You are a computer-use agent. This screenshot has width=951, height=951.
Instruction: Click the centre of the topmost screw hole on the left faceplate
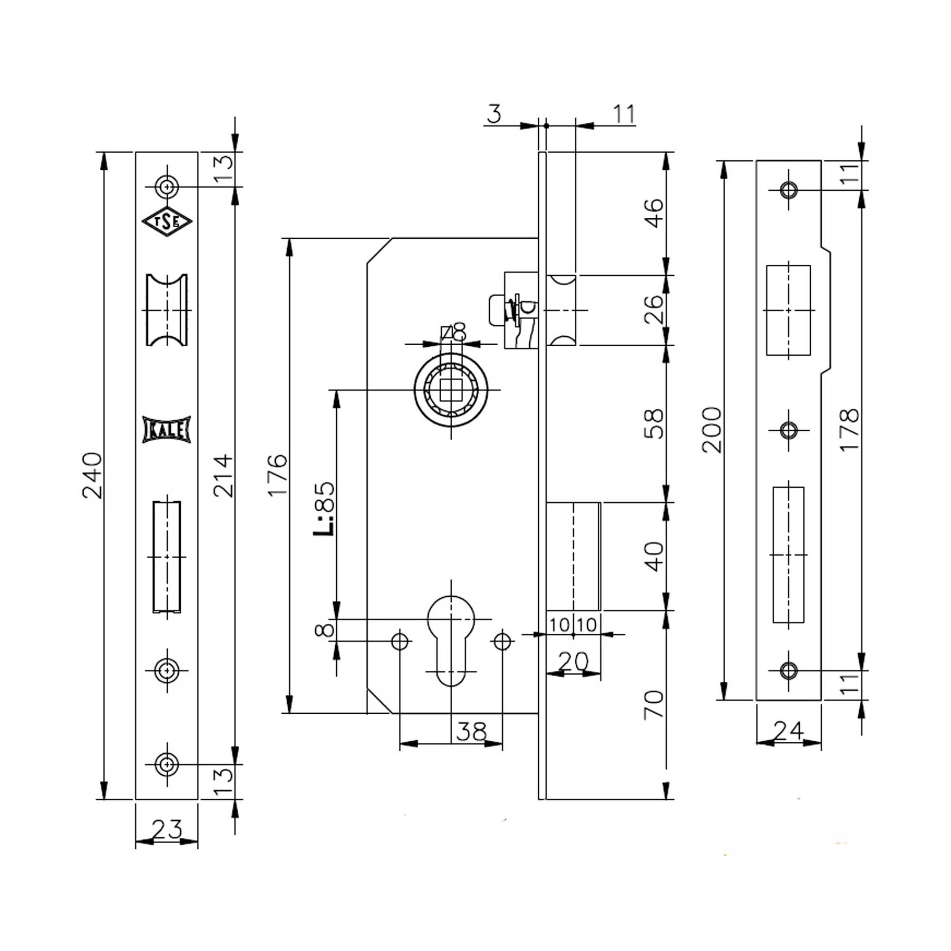click(x=167, y=187)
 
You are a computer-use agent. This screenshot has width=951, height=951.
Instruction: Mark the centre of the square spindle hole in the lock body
click(x=451, y=390)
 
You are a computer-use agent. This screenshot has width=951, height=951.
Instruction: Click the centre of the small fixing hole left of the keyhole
click(x=400, y=641)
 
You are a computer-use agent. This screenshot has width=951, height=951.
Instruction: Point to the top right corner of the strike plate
click(x=821, y=160)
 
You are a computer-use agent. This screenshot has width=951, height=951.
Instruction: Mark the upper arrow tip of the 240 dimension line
click(x=103, y=153)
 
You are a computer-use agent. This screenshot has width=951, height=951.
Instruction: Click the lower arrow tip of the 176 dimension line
click(x=290, y=713)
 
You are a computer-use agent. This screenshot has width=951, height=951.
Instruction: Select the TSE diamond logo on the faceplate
click(x=167, y=222)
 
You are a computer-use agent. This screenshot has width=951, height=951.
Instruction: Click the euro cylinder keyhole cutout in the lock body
click(x=450, y=640)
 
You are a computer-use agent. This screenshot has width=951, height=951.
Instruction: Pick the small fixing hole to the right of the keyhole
click(x=502, y=641)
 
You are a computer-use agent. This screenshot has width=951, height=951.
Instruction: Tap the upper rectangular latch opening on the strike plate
click(x=788, y=310)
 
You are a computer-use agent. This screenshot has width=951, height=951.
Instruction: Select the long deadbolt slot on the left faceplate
click(x=167, y=557)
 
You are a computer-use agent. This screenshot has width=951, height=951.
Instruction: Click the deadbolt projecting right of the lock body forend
click(x=573, y=556)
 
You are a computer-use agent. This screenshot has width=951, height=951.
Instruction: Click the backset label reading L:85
click(x=324, y=509)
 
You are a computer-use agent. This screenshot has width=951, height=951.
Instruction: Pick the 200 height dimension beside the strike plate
click(x=712, y=430)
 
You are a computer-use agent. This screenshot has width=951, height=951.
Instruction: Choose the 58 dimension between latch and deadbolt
click(x=654, y=423)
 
